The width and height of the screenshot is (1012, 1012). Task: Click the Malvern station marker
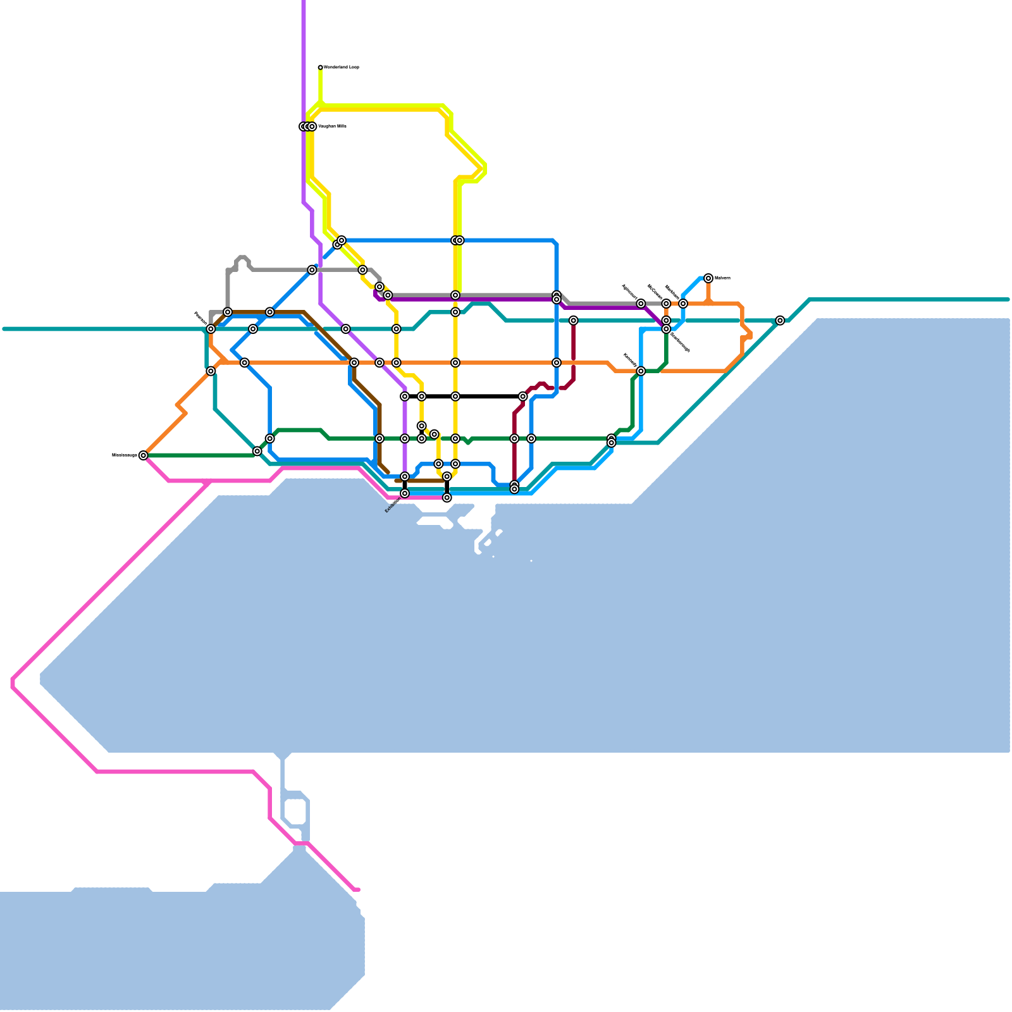coord(708,278)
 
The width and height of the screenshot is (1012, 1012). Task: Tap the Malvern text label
coord(722,278)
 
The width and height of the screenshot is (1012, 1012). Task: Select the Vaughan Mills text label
coord(333,126)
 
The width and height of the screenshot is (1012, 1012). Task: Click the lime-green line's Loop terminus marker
coord(321,67)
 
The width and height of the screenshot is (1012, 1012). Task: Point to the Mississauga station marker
coord(144,455)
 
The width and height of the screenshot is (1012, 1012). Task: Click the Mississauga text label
coord(125,455)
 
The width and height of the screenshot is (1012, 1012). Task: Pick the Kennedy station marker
coord(641,371)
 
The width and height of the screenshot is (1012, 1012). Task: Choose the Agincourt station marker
coord(641,304)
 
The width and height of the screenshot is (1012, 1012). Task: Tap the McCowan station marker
coord(666,304)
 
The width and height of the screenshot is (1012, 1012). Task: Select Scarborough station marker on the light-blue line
coord(666,329)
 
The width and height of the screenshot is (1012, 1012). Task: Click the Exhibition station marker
coord(405,493)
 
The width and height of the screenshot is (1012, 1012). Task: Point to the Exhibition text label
coord(393,505)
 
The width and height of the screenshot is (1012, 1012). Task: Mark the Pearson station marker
coord(211,329)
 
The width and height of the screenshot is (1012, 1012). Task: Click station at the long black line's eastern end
coord(523,397)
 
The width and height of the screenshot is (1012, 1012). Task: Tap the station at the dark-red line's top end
coord(573,321)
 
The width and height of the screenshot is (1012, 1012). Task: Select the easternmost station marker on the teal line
coord(781,321)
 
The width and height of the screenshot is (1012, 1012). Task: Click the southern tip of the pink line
coord(357,890)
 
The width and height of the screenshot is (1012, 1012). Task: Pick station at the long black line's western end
coord(405,397)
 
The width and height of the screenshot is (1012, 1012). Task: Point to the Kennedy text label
coord(630,359)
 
